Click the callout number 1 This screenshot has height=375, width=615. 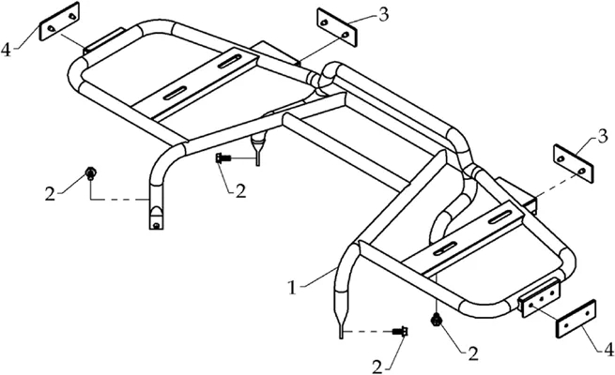[x=292, y=289]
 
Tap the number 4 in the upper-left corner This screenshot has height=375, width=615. [x=7, y=50]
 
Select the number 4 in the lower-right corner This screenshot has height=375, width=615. [x=607, y=351]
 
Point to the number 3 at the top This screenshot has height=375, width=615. [x=384, y=14]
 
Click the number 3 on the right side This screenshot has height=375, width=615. [x=603, y=137]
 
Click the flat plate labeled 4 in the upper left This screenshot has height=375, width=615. [x=59, y=22]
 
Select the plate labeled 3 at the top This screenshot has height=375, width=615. [x=337, y=27]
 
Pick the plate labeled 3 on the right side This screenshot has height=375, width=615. [x=573, y=164]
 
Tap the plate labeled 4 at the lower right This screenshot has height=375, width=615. [x=577, y=318]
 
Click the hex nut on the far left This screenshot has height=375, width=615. [x=90, y=172]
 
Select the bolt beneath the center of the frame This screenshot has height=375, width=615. [x=223, y=158]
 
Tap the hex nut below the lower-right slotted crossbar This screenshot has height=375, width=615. [x=436, y=321]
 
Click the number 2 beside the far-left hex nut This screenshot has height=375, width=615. [x=50, y=194]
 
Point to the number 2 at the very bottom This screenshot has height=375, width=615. [x=377, y=367]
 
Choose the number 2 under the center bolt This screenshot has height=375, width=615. [x=240, y=190]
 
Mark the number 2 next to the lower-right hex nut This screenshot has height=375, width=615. [x=473, y=353]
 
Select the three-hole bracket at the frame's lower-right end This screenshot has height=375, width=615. [x=540, y=295]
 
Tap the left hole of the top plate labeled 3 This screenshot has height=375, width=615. [x=324, y=23]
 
